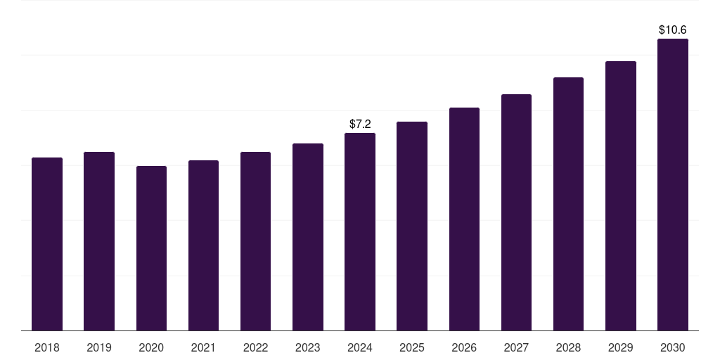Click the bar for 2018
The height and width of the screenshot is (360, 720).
coord(47,244)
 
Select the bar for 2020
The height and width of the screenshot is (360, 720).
coord(151,248)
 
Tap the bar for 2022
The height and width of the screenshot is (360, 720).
coord(255,241)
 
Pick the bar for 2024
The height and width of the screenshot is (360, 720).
coord(360,232)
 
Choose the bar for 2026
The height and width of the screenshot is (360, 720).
coord(464,219)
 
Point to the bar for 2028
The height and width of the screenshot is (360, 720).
coord(568,204)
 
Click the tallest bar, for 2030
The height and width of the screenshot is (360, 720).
coord(673,185)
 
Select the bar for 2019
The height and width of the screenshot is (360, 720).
coord(99,241)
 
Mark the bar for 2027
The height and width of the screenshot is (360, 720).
coord(516,212)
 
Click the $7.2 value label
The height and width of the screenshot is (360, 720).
coord(360,124)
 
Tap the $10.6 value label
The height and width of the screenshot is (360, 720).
coord(673,30)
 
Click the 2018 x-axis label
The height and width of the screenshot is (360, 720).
coord(47,347)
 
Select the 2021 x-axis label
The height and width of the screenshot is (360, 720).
coord(203,347)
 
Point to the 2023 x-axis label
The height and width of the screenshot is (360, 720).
coord(308,347)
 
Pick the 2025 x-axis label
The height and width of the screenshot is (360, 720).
coord(412,347)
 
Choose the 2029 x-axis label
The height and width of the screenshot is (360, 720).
coord(621,347)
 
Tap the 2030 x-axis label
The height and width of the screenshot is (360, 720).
coord(673,347)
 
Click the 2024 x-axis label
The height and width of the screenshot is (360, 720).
coord(360,347)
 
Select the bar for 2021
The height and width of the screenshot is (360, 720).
coord(203,245)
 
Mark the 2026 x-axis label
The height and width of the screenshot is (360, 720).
coord(464,347)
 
